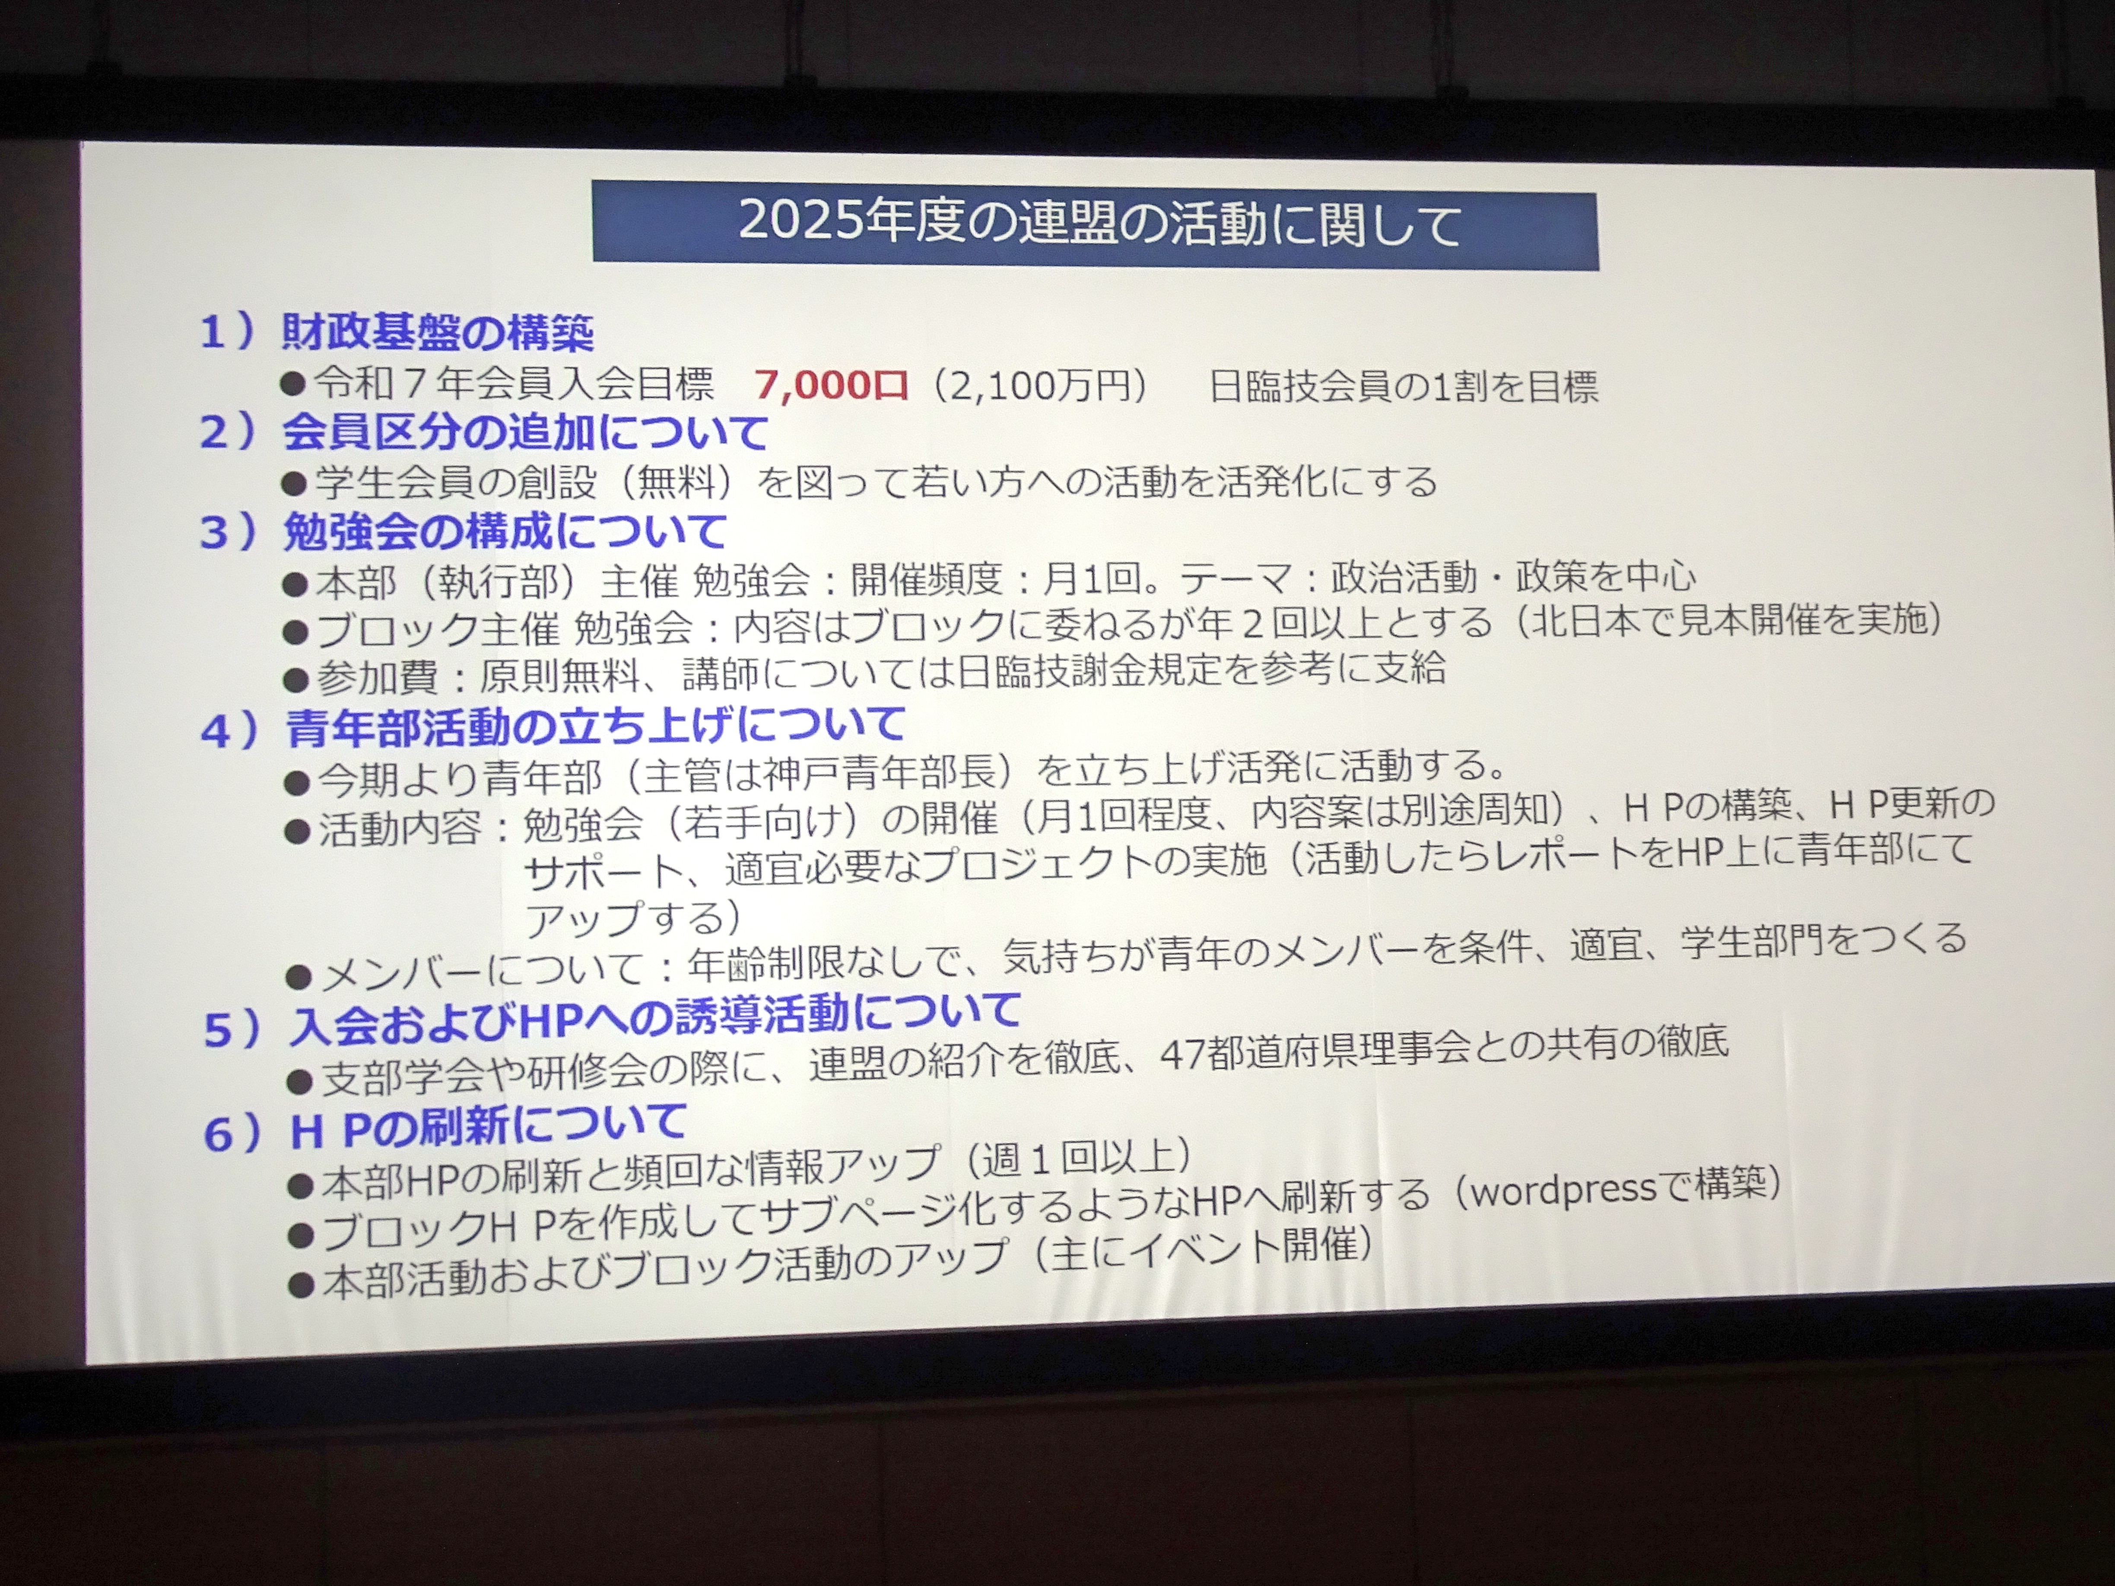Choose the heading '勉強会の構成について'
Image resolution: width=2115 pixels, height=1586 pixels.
[x=505, y=532]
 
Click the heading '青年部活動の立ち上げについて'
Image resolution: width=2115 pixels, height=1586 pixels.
[x=595, y=726]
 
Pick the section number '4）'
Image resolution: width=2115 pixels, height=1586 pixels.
[x=229, y=730]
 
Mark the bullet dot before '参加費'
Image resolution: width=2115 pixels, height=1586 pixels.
[x=296, y=681]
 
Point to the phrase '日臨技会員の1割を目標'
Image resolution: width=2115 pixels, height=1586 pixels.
[x=1404, y=386]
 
